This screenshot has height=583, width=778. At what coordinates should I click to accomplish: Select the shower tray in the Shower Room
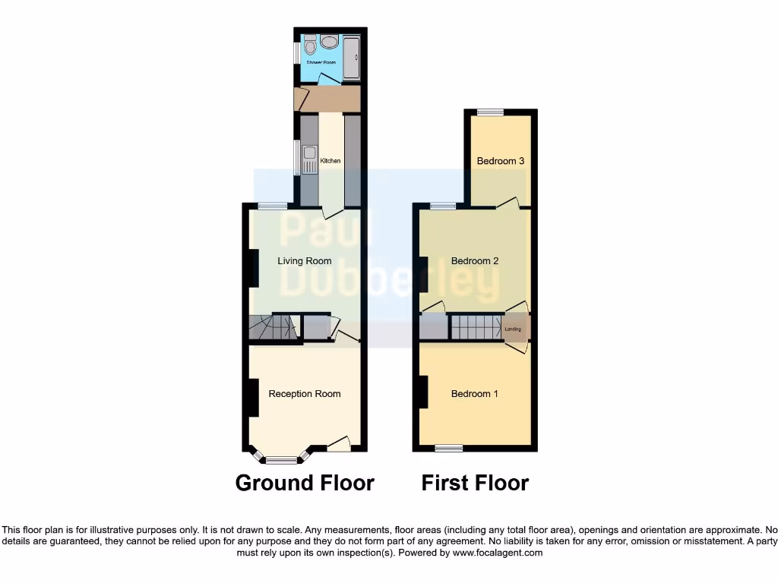coord(352,57)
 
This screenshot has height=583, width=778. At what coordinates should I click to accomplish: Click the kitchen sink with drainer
coord(309,161)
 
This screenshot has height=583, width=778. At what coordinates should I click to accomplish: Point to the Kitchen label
coord(330,161)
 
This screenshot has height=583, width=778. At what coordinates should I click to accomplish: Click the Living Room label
coord(304,261)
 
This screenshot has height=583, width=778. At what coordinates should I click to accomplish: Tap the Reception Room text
coord(304,394)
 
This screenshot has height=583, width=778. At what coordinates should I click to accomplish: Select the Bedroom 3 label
coord(501,161)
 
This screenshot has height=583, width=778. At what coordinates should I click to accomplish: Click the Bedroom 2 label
coord(475,261)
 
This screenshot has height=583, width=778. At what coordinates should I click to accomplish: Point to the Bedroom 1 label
coord(475,394)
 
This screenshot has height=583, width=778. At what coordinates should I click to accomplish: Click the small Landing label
coord(513,329)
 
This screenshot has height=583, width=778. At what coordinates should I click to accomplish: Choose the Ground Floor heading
coord(305,483)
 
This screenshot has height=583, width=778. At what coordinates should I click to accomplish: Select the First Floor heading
coord(475,483)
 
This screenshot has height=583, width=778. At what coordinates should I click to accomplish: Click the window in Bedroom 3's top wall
coord(490,113)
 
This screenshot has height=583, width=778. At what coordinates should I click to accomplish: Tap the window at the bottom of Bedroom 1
coord(448,449)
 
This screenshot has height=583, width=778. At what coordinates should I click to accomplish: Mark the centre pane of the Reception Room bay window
coord(282,460)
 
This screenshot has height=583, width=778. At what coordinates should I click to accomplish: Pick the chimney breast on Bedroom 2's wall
coord(423,275)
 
